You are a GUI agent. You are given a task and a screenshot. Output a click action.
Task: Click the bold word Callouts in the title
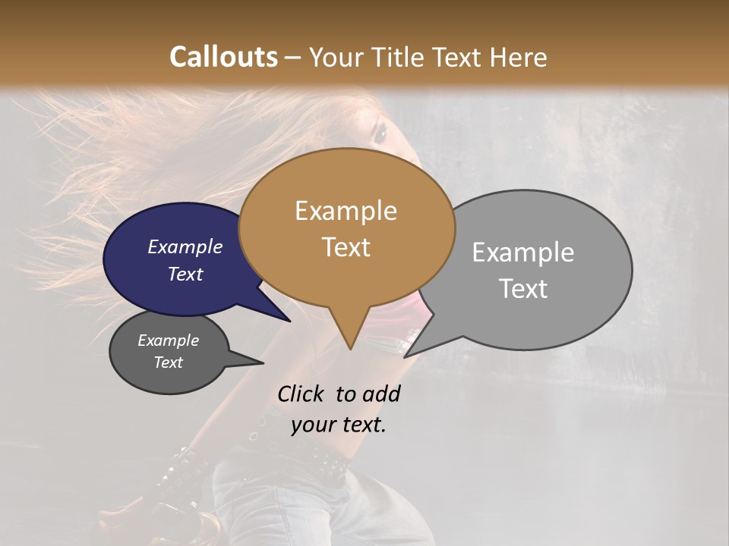pyautogui.click(x=223, y=57)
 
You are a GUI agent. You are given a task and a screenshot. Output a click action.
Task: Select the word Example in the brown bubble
pyautogui.click(x=346, y=211)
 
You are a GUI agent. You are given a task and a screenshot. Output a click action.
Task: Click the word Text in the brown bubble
pyautogui.click(x=346, y=246)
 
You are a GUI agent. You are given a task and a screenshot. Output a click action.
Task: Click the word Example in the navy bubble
pyautogui.click(x=185, y=246)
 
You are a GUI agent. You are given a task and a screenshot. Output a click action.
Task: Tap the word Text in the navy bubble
pyautogui.click(x=185, y=274)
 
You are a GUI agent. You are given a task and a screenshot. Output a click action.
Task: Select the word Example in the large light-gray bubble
pyautogui.click(x=522, y=253)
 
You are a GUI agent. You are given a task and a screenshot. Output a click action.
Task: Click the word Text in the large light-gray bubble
pyautogui.click(x=524, y=289)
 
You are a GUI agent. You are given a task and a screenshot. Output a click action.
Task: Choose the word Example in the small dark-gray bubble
pyautogui.click(x=168, y=340)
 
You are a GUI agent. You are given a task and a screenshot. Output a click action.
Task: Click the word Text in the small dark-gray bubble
pyautogui.click(x=168, y=362)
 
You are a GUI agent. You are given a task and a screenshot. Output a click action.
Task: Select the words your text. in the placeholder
pyautogui.click(x=339, y=425)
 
